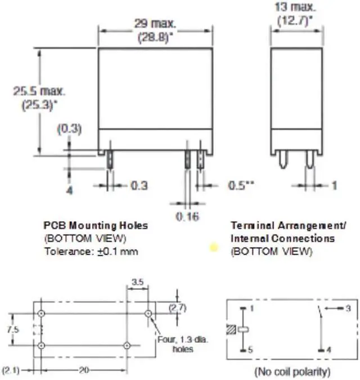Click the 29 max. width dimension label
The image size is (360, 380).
(155, 24)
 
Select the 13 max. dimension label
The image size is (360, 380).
(295, 7)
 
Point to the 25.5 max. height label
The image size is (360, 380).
(39, 91)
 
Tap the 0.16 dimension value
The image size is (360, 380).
(187, 216)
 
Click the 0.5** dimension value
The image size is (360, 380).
(241, 185)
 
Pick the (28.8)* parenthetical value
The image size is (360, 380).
(156, 38)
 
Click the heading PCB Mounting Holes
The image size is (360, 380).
(96, 226)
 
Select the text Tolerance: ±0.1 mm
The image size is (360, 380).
(91, 251)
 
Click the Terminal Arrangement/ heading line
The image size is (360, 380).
(289, 226)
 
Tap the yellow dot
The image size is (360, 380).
(214, 248)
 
